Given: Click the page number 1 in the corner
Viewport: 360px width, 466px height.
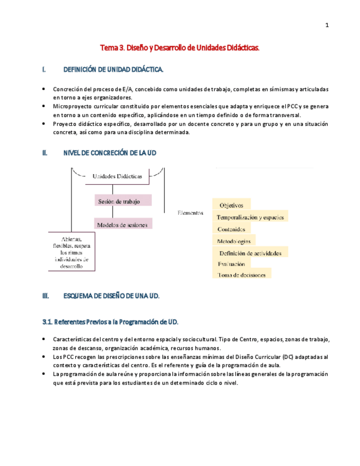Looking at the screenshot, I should [x=327, y=25].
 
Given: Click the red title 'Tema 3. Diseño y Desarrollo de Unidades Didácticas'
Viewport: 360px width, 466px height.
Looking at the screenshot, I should [x=179, y=48].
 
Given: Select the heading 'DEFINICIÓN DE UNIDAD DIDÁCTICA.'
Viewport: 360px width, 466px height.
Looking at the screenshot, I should [x=113, y=70].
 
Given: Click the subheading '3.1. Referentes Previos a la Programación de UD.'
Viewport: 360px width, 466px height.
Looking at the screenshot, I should [x=110, y=321].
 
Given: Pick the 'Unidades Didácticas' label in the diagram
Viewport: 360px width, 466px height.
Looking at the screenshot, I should [x=117, y=176].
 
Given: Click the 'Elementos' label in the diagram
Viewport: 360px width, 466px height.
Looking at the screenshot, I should [x=190, y=212].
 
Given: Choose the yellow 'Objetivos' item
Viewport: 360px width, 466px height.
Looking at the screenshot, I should [x=231, y=205].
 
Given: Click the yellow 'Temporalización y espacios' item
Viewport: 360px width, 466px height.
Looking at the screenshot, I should [x=250, y=217].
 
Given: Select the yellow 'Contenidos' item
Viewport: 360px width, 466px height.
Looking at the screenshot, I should [x=231, y=229].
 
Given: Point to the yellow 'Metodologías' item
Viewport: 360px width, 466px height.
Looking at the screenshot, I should [x=234, y=241].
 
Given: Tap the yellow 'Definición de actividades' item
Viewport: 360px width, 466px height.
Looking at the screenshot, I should [x=250, y=253].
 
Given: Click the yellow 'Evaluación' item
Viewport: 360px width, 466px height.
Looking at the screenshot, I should [x=231, y=264].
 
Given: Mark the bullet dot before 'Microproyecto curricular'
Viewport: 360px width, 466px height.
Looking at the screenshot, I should [x=44, y=106].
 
